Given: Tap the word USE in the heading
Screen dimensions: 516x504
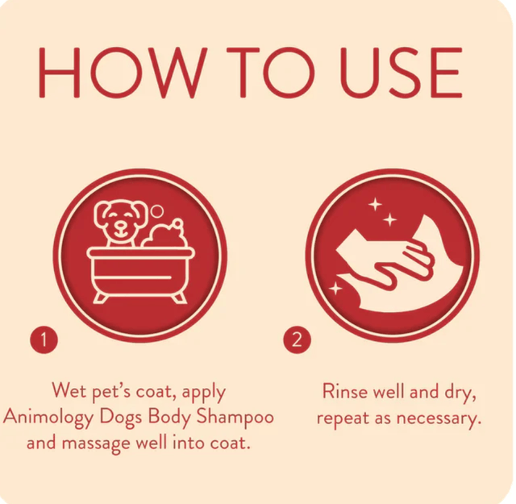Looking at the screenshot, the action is click(x=401, y=73).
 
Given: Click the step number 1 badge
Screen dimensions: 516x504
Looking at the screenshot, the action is click(x=44, y=339).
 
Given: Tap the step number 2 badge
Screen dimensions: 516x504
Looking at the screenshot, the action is click(x=298, y=339).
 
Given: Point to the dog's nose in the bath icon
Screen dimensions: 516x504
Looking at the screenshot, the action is click(x=121, y=226).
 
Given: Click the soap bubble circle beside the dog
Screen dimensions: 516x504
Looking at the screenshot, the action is click(x=158, y=211).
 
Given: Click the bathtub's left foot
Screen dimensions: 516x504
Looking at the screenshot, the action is click(x=100, y=298).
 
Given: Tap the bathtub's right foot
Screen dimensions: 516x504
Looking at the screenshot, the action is click(x=180, y=298).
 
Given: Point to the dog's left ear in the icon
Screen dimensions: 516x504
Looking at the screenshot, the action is click(x=101, y=214).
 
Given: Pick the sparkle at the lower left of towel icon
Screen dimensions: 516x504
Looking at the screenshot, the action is click(x=335, y=289).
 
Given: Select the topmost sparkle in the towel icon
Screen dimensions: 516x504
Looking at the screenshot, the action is click(x=375, y=205).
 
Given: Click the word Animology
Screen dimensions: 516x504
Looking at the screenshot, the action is click(x=48, y=418).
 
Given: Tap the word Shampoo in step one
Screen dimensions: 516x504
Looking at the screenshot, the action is click(x=235, y=416).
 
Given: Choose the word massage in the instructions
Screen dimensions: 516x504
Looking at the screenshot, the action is click(x=96, y=444).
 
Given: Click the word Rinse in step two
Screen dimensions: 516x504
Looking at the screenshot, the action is click(x=345, y=391).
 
